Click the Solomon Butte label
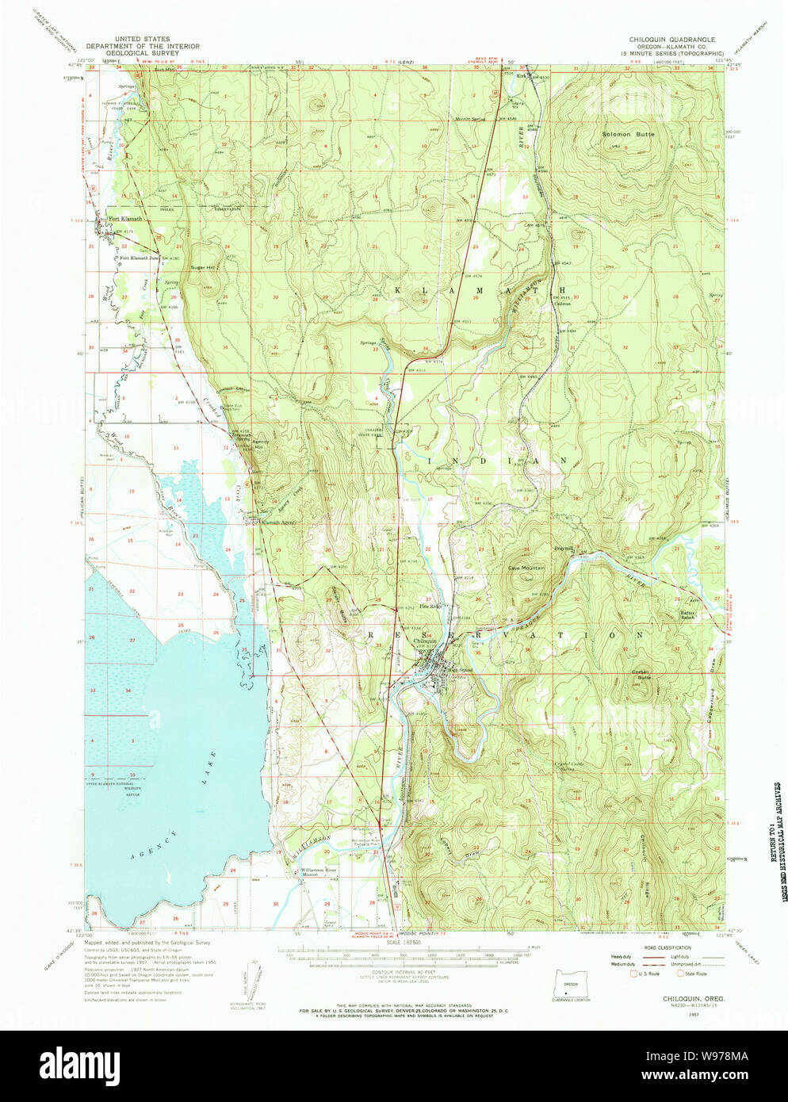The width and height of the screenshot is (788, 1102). (628, 135)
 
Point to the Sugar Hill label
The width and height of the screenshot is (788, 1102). (202, 268)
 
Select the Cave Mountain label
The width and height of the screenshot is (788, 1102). (526, 568)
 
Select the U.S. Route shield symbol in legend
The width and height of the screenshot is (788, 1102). (633, 974)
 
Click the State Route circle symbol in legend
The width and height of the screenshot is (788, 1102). (679, 974)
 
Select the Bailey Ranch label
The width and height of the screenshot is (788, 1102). (688, 614)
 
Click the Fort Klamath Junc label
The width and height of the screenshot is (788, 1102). (139, 258)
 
